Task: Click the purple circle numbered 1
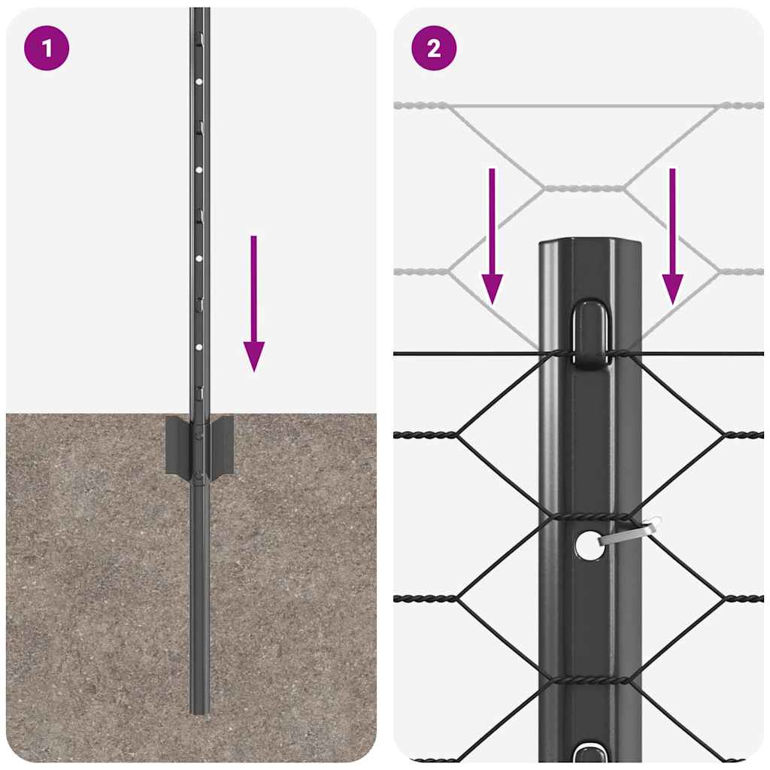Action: click(47, 49)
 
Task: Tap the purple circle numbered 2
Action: click(434, 49)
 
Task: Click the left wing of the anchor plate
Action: click(177, 445)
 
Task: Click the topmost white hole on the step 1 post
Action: click(199, 80)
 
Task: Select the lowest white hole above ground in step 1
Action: click(199, 348)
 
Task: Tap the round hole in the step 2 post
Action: click(588, 545)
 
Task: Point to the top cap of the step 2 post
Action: click(590, 246)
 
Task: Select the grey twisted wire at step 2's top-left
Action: click(420, 106)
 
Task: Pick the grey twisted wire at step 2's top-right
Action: click(743, 106)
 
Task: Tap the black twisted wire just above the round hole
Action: click(590, 517)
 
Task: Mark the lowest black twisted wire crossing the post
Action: click(590, 679)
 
